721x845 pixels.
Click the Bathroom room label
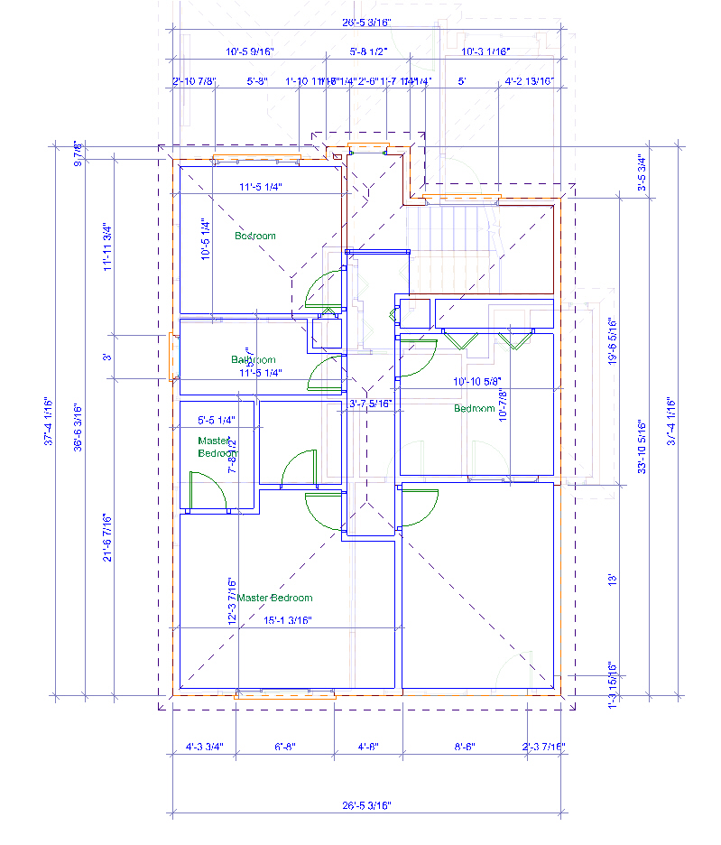coord(253,359)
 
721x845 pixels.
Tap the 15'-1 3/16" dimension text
coord(287,620)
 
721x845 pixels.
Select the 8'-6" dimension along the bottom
coord(464,747)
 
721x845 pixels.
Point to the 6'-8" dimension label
coord(284,747)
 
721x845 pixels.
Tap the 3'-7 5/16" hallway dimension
coord(371,404)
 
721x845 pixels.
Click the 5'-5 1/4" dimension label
coord(216,420)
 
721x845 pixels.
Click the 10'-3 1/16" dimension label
coord(485,52)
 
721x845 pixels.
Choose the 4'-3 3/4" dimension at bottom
coord(204,747)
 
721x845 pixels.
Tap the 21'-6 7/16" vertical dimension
coord(107,537)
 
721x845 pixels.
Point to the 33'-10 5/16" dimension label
coord(642,448)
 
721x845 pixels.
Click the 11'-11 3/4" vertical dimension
coord(107,247)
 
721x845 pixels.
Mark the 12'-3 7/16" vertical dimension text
coord(232,602)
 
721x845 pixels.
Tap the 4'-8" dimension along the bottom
coord(368,747)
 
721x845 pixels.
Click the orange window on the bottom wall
coord(285,696)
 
